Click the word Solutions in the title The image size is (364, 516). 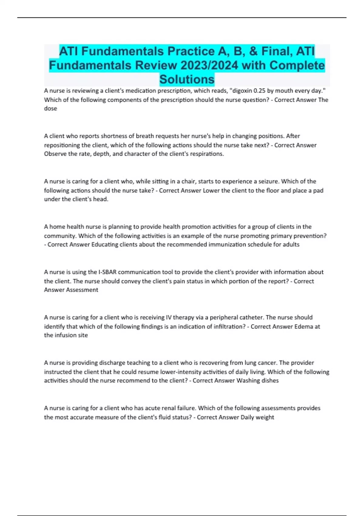coord(187,79)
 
